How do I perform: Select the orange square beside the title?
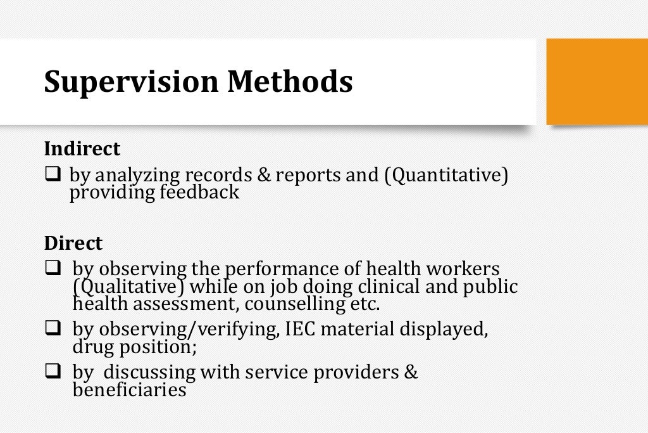tap(597, 81)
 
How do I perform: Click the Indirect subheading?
tap(82, 149)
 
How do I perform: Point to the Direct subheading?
tap(73, 243)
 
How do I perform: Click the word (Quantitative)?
tap(446, 175)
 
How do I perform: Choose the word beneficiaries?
tap(130, 389)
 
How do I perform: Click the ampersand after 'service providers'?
tap(411, 372)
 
